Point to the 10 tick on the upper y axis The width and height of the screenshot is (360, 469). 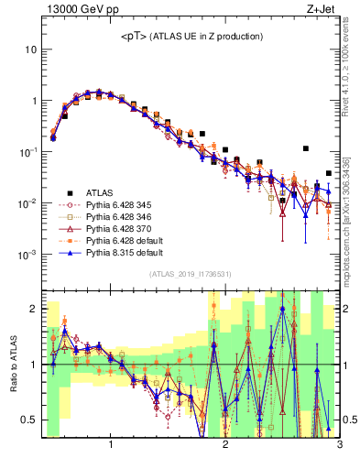coord(31,49)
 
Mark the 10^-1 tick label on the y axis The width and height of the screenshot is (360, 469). coord(28,151)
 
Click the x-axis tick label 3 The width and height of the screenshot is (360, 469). coord(340,446)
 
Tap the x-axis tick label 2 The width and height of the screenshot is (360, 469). coord(225,446)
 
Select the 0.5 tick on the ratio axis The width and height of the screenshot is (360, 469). coord(29,420)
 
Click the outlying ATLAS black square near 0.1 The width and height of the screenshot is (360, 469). coord(306,148)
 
